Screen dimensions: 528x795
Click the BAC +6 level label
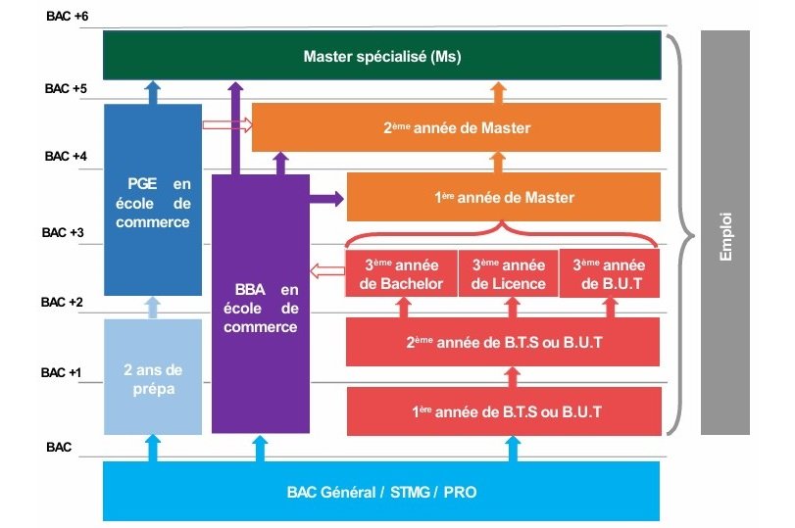point(66,18)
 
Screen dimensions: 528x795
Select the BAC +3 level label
point(64,233)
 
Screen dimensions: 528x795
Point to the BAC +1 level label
point(64,373)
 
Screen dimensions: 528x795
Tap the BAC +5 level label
point(66,88)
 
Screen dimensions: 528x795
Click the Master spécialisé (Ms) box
point(382,56)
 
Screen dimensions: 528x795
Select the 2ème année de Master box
point(456,127)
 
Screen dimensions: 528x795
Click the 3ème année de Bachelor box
point(401,274)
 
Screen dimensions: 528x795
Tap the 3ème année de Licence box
point(508,274)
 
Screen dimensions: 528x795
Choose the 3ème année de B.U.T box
point(609,274)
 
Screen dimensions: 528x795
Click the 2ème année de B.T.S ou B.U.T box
point(504,344)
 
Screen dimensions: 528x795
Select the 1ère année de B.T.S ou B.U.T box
point(504,411)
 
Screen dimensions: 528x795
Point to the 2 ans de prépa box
point(153,377)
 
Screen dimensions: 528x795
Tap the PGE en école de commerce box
point(153,202)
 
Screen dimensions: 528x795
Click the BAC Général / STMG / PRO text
point(382,491)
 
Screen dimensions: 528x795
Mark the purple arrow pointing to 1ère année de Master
point(326,199)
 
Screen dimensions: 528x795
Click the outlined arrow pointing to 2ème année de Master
point(226,125)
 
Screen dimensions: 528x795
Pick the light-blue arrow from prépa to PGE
point(152,309)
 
